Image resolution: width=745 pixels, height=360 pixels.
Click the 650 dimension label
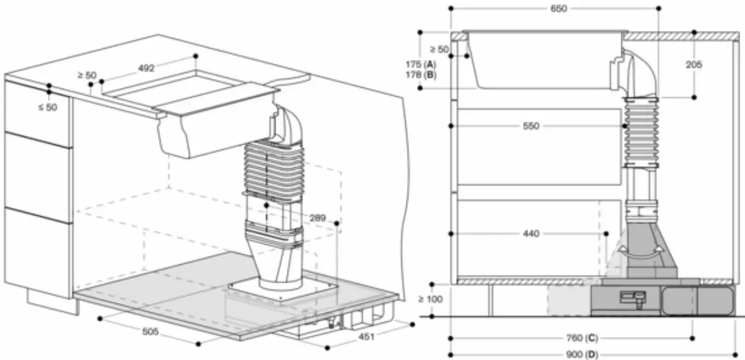(x=559, y=8)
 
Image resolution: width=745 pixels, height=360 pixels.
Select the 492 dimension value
(x=146, y=68)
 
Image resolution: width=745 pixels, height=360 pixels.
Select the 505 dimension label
(x=150, y=332)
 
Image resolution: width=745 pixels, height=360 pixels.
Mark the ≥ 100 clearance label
(x=430, y=299)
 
